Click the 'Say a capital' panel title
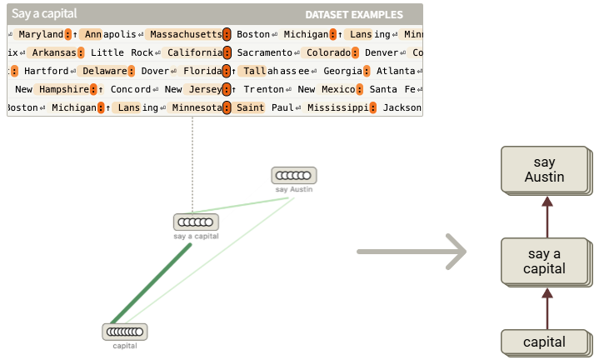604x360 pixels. [44, 14]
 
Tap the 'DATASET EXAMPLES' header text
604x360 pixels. [354, 15]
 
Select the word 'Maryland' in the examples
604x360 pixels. [41, 34]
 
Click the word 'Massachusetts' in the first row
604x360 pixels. [185, 34]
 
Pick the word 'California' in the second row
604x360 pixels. [195, 52]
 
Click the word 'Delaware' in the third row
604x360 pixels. [105, 71]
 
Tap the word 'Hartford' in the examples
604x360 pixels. [47, 71]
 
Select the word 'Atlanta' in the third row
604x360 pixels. [396, 71]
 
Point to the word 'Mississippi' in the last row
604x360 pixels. [337, 107]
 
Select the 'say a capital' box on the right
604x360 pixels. [546, 261]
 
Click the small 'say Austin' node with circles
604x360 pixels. [293, 176]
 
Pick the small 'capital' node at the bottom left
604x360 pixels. [125, 332]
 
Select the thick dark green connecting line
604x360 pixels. [150, 284]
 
